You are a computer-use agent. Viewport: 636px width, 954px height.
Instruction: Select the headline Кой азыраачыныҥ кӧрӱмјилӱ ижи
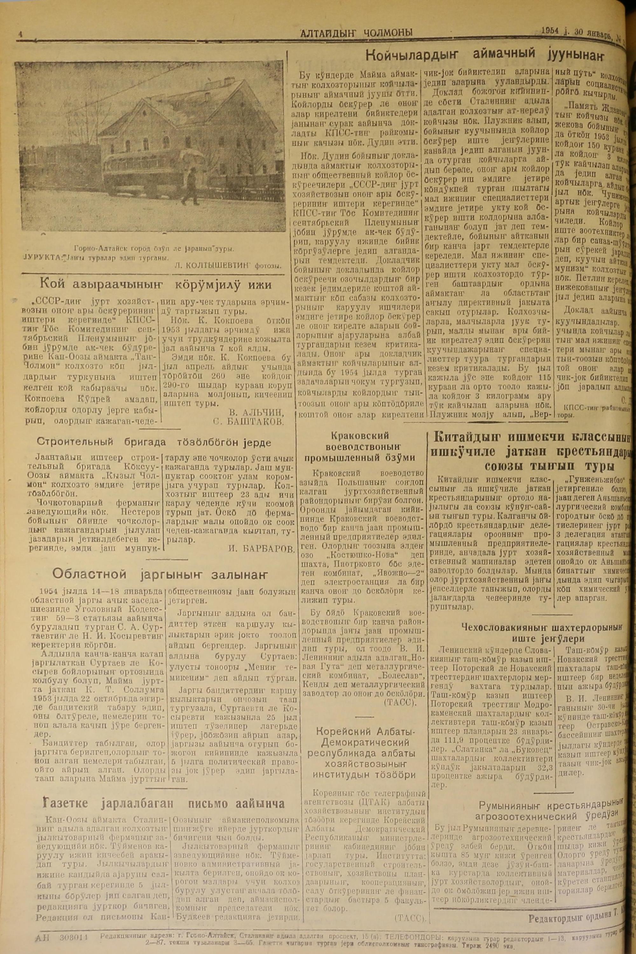pyautogui.click(x=156, y=285)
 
